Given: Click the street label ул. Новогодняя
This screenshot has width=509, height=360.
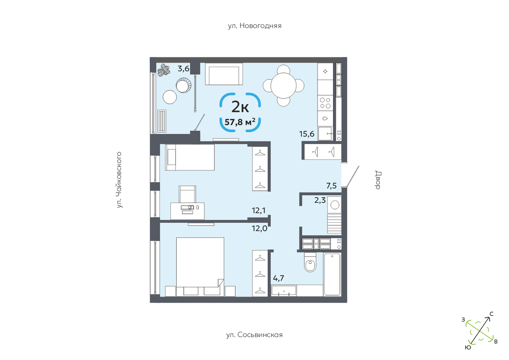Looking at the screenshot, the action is tap(255, 26).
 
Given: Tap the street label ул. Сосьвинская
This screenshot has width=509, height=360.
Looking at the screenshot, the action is tap(255, 335).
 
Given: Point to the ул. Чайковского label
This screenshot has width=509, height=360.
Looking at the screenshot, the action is tap(119, 180).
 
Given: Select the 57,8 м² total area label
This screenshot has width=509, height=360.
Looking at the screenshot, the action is tap(240, 122).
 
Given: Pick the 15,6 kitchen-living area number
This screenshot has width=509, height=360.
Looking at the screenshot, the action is tap(307, 134).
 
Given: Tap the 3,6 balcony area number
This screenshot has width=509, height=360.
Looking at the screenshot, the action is tap(183, 68).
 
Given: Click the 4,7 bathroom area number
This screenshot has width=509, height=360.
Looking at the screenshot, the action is tap(278, 278).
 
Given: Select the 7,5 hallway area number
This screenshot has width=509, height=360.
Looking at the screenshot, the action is tap(331, 186).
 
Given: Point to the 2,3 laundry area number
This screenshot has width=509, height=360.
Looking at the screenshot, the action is tap(320, 200).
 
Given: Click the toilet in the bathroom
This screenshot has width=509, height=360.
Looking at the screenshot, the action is tap(310, 263).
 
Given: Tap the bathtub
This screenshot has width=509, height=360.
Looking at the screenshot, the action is tap(332, 274).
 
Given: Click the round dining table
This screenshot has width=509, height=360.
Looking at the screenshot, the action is tap(283, 85).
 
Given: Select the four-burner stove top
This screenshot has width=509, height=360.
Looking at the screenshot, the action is tap(325, 103).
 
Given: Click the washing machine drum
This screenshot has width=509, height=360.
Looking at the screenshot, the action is tap(335, 205).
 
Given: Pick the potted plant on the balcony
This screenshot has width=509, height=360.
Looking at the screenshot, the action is tap(164, 70).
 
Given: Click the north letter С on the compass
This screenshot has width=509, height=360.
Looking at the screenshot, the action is tap(491, 314).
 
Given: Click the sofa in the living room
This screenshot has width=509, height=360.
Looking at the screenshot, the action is tap(224, 74).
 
